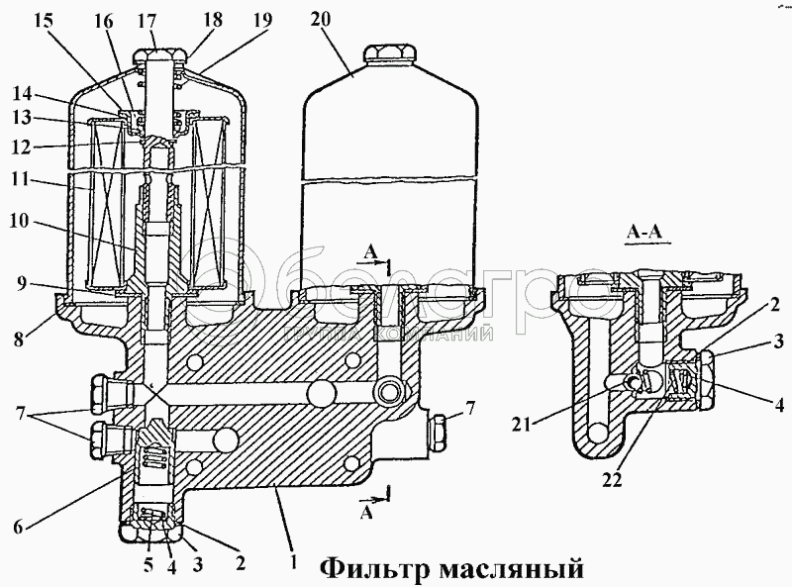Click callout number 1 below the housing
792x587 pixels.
(x=292, y=560)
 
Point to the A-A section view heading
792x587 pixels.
(x=645, y=233)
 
